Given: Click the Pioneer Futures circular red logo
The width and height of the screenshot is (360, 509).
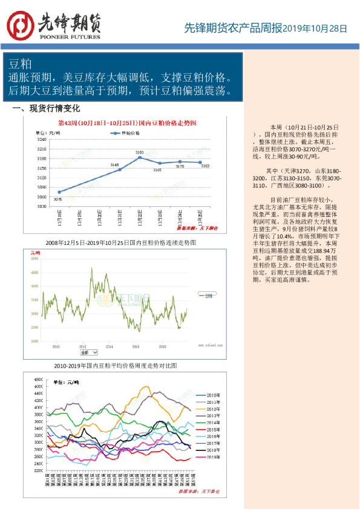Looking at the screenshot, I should [x=21, y=25].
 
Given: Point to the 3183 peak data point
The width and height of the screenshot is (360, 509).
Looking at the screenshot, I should [x=140, y=157].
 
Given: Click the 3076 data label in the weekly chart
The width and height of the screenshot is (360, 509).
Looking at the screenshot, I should [x=57, y=198].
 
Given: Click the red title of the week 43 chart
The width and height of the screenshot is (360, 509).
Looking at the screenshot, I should [x=127, y=122].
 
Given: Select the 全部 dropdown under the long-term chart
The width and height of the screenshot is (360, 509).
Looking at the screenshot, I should [x=88, y=351].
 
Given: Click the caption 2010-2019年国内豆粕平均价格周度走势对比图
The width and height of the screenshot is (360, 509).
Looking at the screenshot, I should [x=116, y=366].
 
